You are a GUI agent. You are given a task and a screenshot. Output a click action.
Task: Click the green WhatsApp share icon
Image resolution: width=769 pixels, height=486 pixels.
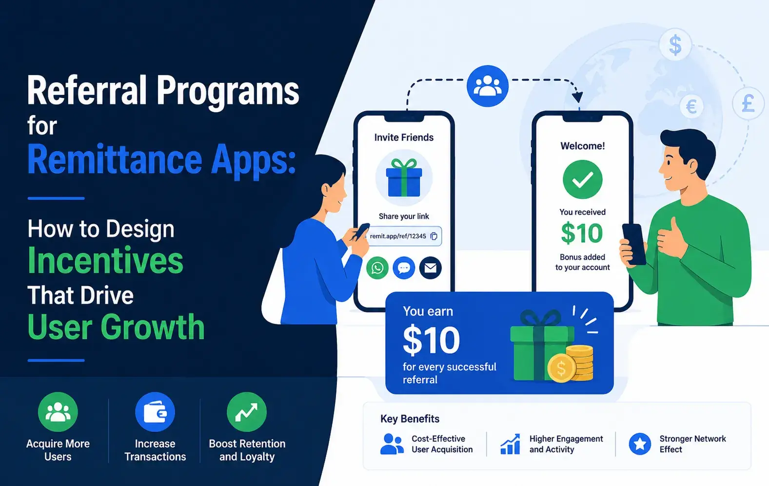(x=377, y=268)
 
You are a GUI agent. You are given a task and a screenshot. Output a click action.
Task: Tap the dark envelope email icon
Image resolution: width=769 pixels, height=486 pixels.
(x=431, y=268)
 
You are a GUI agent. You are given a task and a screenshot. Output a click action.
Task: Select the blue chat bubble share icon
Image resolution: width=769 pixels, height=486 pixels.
(x=404, y=268)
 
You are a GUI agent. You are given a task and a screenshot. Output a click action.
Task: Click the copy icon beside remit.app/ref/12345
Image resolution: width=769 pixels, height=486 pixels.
(x=434, y=236)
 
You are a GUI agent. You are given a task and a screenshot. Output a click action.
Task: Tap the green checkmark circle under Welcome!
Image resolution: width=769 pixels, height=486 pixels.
(x=582, y=179)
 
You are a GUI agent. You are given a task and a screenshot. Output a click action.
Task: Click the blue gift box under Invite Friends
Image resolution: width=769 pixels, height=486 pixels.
(x=404, y=178)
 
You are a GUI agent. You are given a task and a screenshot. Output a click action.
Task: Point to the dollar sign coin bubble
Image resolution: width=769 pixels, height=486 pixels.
(x=675, y=45)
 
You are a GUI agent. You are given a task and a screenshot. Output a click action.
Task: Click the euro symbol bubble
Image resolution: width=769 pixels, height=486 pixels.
(x=691, y=106)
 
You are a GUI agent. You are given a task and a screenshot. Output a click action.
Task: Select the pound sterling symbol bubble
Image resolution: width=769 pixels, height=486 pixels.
(x=748, y=103)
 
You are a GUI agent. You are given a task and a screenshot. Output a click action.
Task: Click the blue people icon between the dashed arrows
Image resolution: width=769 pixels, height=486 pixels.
(x=488, y=86)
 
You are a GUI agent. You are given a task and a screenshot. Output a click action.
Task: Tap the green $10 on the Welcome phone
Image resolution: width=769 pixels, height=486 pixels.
(x=582, y=233)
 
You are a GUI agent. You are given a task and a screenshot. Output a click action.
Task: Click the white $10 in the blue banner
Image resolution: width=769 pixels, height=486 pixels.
(x=431, y=340)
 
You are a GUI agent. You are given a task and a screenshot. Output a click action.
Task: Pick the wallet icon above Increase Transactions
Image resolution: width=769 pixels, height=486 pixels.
(x=155, y=412)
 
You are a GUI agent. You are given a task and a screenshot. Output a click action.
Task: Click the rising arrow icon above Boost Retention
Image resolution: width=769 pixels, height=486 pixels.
(x=246, y=412)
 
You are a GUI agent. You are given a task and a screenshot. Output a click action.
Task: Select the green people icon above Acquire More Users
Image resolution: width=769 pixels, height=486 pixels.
(x=58, y=412)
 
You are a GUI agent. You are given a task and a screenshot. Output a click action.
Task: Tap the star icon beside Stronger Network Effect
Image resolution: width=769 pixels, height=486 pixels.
(x=640, y=444)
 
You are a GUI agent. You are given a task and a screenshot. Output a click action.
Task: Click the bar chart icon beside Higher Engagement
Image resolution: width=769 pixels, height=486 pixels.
(x=510, y=444)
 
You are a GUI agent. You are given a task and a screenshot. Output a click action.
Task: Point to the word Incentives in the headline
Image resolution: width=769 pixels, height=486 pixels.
(x=105, y=260)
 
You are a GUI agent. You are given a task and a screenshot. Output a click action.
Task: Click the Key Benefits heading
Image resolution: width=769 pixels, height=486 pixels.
(x=410, y=419)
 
